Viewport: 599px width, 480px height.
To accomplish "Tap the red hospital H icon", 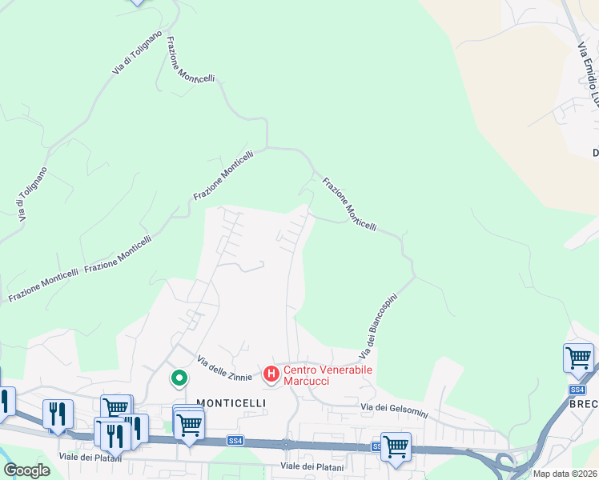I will tap(271, 373).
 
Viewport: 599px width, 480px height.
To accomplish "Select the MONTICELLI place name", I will tap(225, 404).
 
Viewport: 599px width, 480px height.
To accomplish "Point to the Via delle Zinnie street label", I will tap(226, 367).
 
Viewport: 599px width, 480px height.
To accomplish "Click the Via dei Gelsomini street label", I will tap(394, 410).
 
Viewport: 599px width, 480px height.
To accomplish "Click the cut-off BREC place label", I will tap(584, 405).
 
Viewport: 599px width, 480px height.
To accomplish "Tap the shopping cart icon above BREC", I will tap(578, 359).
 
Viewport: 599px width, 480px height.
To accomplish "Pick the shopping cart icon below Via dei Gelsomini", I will tap(396, 447).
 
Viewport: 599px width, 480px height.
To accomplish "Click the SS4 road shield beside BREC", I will tap(578, 390).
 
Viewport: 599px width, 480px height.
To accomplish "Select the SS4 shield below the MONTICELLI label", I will tap(235, 440).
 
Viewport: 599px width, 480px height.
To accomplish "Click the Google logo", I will tap(26, 470).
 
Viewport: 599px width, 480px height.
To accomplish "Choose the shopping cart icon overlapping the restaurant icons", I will tap(115, 407).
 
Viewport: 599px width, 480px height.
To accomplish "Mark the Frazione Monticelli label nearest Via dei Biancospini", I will tap(349, 204).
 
